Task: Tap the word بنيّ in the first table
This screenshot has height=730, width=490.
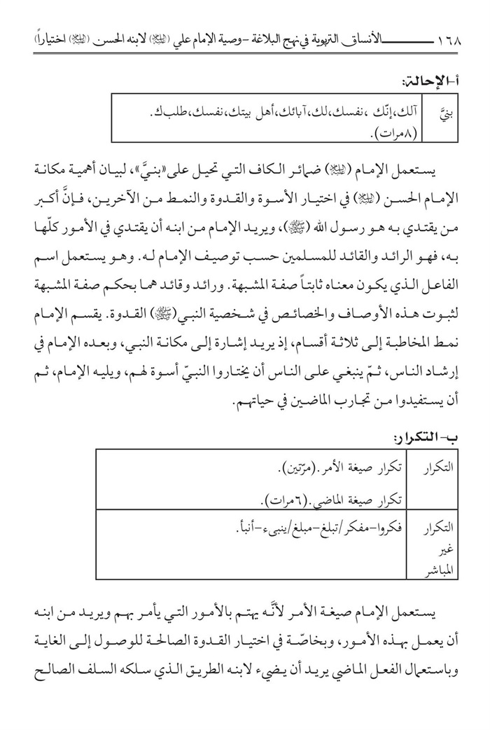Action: coord(445,112)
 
